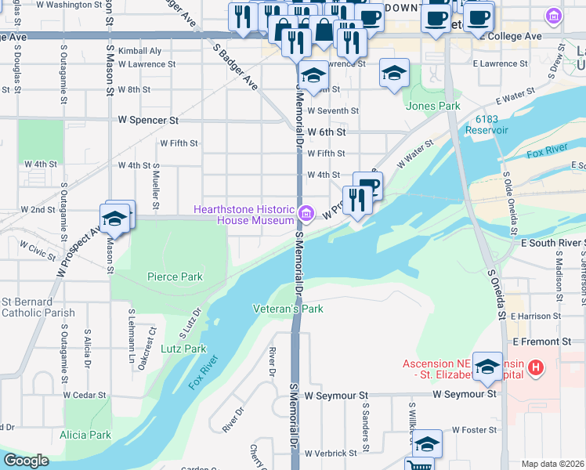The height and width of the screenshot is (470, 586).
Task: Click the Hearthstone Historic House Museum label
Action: tap(244, 215)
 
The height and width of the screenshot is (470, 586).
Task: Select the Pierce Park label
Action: tap(175, 277)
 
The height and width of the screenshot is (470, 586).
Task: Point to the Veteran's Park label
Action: tap(288, 309)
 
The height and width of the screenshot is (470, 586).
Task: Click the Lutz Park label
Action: tap(183, 349)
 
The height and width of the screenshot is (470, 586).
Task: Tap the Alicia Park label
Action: tap(85, 435)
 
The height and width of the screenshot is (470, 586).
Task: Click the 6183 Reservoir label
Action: tap(486, 125)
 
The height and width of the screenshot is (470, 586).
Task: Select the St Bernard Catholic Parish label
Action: tap(38, 307)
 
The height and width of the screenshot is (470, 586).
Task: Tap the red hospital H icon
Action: tap(536, 367)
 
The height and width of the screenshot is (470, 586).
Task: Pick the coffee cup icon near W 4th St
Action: tap(367, 185)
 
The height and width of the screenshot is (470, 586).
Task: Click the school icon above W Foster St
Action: tap(427, 443)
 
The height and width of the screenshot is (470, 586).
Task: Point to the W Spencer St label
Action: tap(148, 121)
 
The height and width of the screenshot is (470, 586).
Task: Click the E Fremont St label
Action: tap(542, 342)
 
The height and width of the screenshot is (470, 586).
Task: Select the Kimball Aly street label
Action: tap(139, 51)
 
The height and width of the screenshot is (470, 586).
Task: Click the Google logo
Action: tap(26, 461)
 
